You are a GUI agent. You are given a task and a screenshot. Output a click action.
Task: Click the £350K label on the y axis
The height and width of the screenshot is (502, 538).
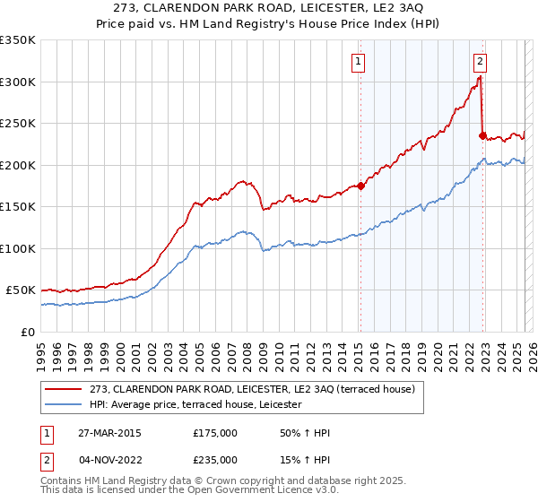click(x=18, y=40)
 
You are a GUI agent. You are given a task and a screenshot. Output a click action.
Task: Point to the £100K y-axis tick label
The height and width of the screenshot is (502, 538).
click(x=18, y=248)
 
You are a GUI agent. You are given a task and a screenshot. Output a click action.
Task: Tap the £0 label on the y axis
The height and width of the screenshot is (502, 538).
click(x=28, y=332)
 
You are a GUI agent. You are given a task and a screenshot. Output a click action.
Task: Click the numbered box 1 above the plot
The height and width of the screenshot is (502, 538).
click(x=359, y=62)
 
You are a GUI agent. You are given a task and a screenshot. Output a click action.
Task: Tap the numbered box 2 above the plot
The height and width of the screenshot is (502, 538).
click(x=480, y=62)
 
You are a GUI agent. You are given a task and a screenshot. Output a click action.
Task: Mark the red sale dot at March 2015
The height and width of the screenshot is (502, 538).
click(x=360, y=186)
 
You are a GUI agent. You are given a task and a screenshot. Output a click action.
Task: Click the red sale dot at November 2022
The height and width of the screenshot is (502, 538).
click(x=482, y=136)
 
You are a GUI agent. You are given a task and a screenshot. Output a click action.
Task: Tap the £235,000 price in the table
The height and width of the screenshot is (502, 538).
click(x=215, y=459)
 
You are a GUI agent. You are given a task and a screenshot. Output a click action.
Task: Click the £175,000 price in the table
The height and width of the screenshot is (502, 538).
click(x=215, y=433)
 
